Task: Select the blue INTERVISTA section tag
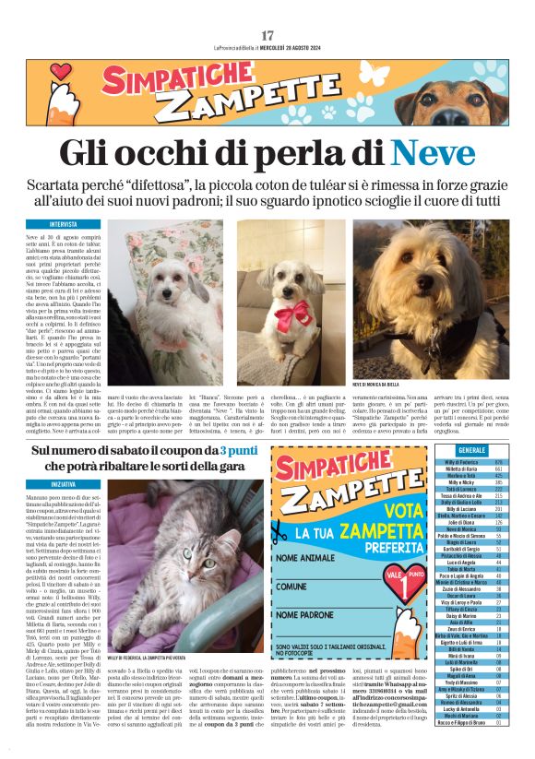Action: coord(65,224)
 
